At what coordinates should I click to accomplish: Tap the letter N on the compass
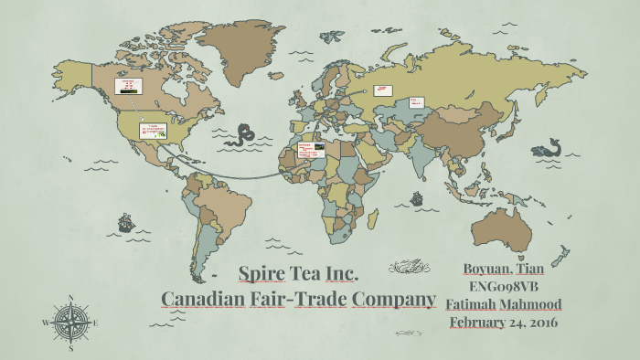click(71, 299)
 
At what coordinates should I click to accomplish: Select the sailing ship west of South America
click(124, 221)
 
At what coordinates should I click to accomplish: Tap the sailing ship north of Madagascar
click(416, 196)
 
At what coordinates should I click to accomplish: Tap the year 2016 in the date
click(539, 322)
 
